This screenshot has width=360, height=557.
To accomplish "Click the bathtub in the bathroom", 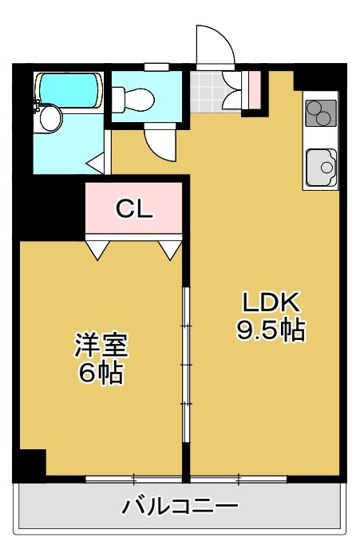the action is pyautogui.click(x=69, y=90).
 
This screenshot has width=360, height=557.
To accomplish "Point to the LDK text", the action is pyautogui.click(x=271, y=302).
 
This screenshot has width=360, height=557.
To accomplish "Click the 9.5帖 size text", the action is pyautogui.click(x=271, y=330).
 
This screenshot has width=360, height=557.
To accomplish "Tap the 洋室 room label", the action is pyautogui.click(x=101, y=344).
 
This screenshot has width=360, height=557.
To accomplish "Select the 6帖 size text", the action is pyautogui.click(x=101, y=373).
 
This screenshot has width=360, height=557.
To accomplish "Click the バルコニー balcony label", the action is pyautogui.click(x=180, y=507).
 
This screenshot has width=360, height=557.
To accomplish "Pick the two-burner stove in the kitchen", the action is pyautogui.click(x=321, y=113).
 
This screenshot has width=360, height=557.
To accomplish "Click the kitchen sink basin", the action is pyautogui.click(x=321, y=168).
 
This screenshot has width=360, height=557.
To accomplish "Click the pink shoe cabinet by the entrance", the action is pyautogui.click(x=255, y=90).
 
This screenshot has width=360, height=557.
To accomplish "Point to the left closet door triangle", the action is pyautogui.click(x=97, y=250).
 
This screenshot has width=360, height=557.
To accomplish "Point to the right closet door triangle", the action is pyautogui.click(x=170, y=250).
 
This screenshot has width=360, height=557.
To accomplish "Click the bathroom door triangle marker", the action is pyautogui.click(x=95, y=163).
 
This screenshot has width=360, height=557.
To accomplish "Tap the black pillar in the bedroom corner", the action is pyautogui.click(x=30, y=463).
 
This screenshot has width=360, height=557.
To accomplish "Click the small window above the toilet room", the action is pyautogui.click(x=156, y=67).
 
